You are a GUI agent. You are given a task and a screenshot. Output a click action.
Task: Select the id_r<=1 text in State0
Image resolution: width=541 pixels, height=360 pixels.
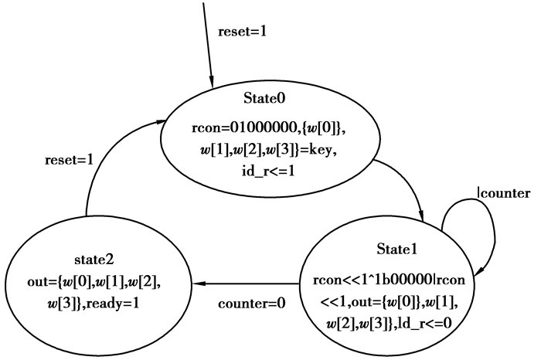265,171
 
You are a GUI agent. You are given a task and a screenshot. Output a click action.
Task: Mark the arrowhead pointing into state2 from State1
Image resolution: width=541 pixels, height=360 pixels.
206,284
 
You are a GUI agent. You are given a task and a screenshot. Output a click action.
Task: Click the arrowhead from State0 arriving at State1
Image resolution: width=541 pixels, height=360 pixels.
421,217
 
